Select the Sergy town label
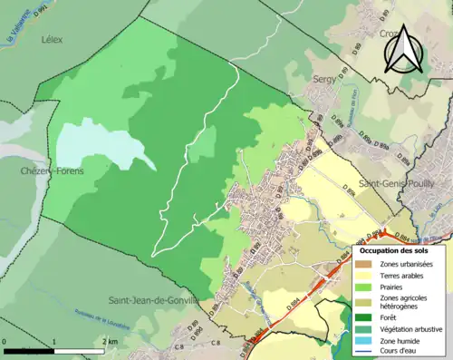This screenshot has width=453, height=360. [x=323, y=80]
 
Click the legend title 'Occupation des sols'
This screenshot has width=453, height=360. [x=394, y=249]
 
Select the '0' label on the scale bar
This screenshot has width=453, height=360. [x=5, y=340]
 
